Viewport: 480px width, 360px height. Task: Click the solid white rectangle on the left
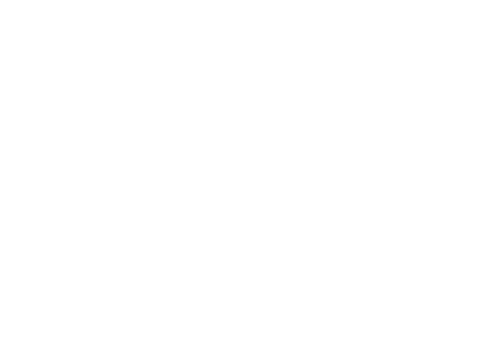pyautogui.click(x=115, y=180)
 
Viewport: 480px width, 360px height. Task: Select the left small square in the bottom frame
pyautogui.click(x=268, y=260)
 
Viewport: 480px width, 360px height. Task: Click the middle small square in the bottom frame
pyautogui.click(x=341, y=260)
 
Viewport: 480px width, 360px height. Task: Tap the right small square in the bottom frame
pyautogui.click(x=414, y=260)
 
